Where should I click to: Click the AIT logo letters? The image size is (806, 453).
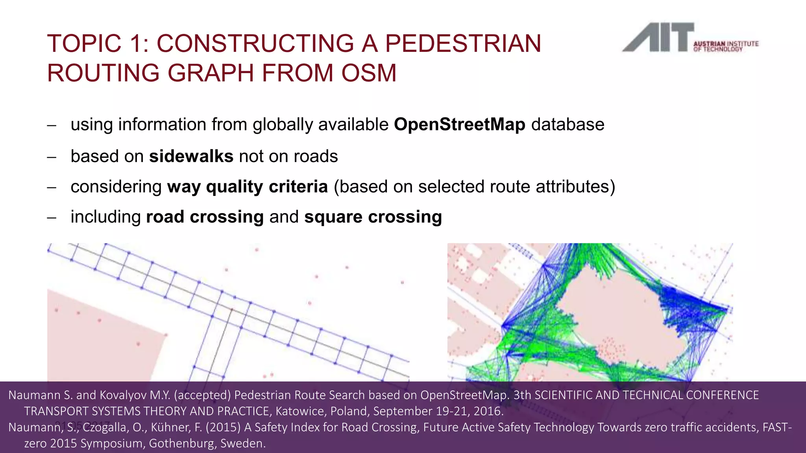click(x=657, y=38)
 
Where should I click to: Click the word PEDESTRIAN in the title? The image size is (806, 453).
click(x=463, y=43)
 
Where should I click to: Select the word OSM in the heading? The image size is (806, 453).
click(x=369, y=73)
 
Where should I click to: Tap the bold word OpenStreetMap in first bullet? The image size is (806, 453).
click(x=459, y=125)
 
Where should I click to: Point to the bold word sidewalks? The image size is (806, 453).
click(x=191, y=157)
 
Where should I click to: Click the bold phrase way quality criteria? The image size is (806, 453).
click(x=247, y=187)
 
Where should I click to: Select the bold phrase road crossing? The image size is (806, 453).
click(x=205, y=217)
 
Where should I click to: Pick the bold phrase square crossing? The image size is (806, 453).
click(x=373, y=217)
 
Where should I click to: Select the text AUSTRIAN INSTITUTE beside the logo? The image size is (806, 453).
click(x=726, y=44)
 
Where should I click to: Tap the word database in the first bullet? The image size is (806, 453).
click(x=568, y=125)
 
